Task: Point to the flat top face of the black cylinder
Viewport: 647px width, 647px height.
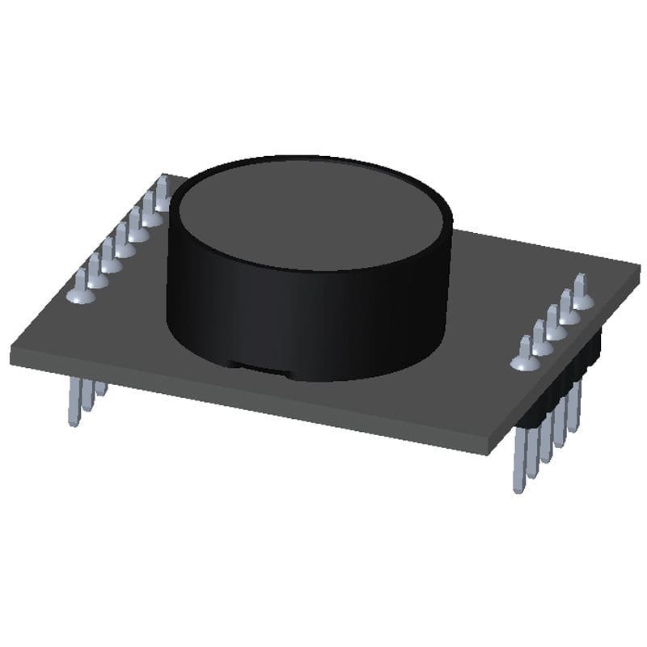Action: [311, 214]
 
